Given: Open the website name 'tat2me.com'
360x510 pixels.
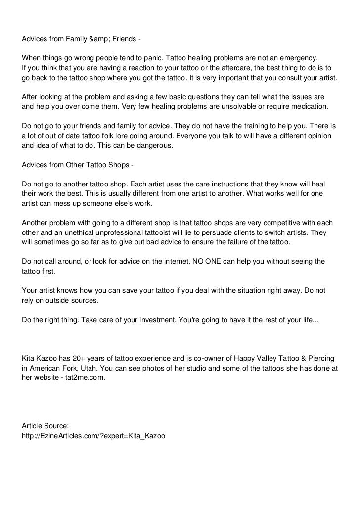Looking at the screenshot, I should [85, 378].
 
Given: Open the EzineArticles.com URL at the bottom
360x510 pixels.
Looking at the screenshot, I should [93, 436].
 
